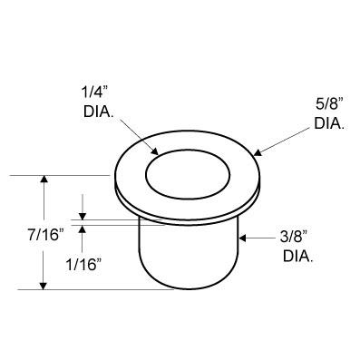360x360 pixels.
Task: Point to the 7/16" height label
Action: coord(46,235)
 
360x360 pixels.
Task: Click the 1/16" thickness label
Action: coord(83,265)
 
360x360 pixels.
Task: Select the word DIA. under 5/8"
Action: coord(329,123)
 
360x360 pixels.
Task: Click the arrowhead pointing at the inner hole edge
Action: coord(154,151)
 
